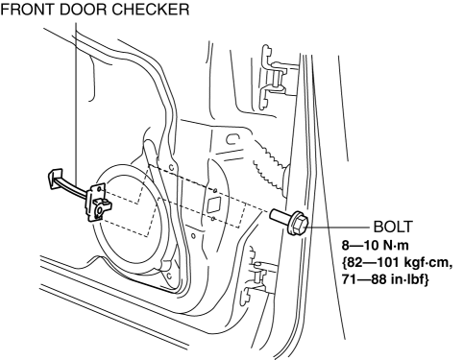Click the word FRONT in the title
[x=27, y=10]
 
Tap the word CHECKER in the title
[x=151, y=10]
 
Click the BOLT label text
[x=393, y=227]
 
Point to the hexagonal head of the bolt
[x=298, y=223]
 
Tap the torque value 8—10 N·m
[x=376, y=246]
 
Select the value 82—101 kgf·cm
[x=397, y=263]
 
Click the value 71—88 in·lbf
[x=384, y=280]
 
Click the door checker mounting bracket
[x=97, y=203]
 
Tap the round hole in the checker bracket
[x=100, y=210]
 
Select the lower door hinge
[x=259, y=276]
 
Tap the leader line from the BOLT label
[x=339, y=227]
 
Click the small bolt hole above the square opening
[x=215, y=191]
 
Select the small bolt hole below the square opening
[x=213, y=219]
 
